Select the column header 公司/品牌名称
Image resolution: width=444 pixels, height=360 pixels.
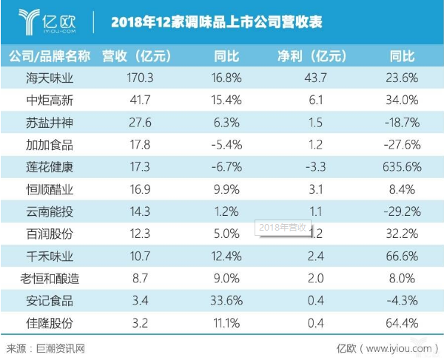click(49, 56)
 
